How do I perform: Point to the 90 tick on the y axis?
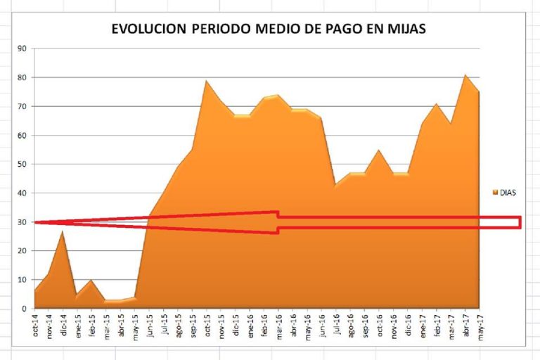coord(22,49)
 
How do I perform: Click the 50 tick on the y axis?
coord(22,165)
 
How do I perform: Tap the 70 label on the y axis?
coord(22,106)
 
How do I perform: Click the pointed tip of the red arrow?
coord(35,222)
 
